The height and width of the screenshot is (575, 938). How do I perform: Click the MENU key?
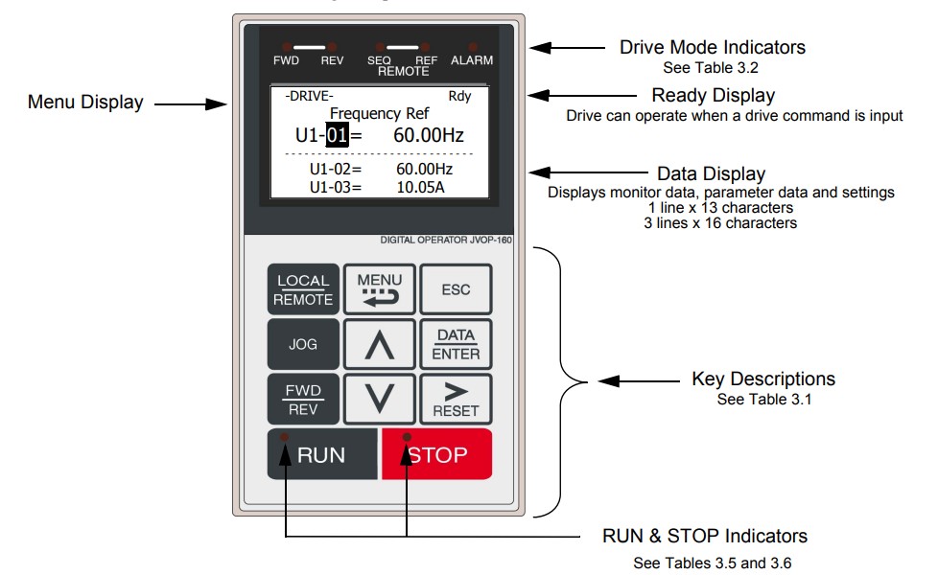coord(379,289)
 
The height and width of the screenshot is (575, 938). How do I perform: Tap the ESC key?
coord(456,289)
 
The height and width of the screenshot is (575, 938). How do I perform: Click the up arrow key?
coord(379,344)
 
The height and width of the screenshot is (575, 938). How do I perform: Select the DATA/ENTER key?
coord(456,344)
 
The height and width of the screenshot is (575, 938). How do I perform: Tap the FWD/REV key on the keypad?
coord(303,400)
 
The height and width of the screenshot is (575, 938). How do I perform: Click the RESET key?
coord(456,400)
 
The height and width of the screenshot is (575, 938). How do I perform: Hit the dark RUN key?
coord(322,453)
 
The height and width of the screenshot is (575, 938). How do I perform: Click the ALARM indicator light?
coord(473,47)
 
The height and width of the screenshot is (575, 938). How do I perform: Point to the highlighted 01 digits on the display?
coord(337,135)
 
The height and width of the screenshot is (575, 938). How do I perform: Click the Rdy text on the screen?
coord(459,96)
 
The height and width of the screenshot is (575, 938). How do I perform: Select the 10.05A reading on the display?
coord(420,188)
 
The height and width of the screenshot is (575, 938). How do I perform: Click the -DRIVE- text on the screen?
coord(309,96)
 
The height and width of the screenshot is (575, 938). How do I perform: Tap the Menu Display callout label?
coord(85,103)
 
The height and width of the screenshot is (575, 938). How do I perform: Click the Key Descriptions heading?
coord(763,379)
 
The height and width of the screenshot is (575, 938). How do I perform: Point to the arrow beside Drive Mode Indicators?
coord(568,48)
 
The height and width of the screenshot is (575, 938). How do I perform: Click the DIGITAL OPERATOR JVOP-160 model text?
coord(446,240)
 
